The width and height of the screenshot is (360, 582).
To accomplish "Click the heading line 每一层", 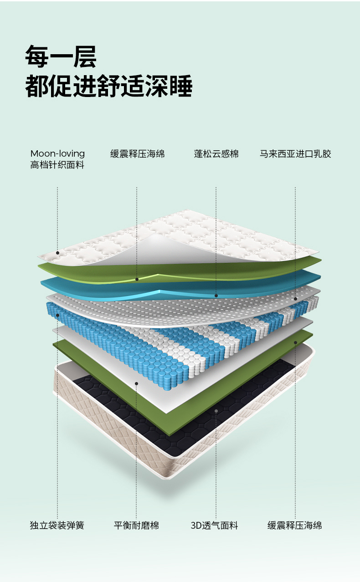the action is [x=61, y=56].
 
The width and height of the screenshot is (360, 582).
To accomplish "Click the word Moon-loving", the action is [x=57, y=153].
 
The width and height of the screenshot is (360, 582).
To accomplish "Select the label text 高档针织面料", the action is [x=57, y=165].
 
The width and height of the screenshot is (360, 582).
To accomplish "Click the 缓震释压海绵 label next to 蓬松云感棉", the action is [x=137, y=154].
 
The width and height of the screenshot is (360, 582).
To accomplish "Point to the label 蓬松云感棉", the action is [x=216, y=154].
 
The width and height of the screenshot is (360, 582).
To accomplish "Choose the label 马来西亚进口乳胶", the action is [x=295, y=154].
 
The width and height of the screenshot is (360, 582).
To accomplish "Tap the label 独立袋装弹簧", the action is [x=57, y=526].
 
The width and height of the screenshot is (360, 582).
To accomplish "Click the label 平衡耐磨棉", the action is [x=136, y=526].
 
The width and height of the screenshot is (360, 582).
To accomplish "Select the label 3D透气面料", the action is [x=214, y=526].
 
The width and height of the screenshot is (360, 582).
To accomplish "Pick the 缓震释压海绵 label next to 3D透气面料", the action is [x=294, y=526].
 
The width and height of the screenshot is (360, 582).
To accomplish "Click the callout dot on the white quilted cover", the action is [x=57, y=253].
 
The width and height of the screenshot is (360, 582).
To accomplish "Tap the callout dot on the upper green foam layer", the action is [x=137, y=279].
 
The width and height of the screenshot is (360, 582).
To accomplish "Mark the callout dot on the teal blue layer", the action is [x=216, y=296].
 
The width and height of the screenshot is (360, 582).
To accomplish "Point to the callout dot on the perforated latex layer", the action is [x=295, y=299].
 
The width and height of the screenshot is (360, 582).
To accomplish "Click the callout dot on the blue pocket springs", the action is [x=57, y=315].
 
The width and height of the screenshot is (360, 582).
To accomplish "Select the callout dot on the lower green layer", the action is [x=295, y=342].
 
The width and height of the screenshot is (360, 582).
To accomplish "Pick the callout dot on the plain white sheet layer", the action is [x=137, y=383].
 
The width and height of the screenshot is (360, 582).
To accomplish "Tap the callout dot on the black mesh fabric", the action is [x=216, y=410].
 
